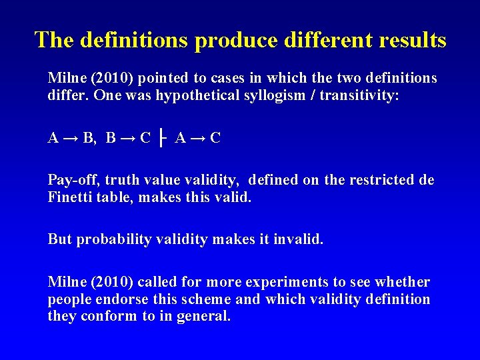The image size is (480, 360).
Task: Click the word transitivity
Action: [x=359, y=95]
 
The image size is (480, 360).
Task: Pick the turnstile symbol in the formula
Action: [x=163, y=139]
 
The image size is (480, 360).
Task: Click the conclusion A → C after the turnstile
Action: [x=197, y=139]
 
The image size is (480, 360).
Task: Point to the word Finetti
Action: [x=72, y=197]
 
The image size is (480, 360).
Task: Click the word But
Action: [x=60, y=239]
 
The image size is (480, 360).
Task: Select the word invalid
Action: [x=297, y=239]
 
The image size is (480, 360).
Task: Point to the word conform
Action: [x=107, y=316]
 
